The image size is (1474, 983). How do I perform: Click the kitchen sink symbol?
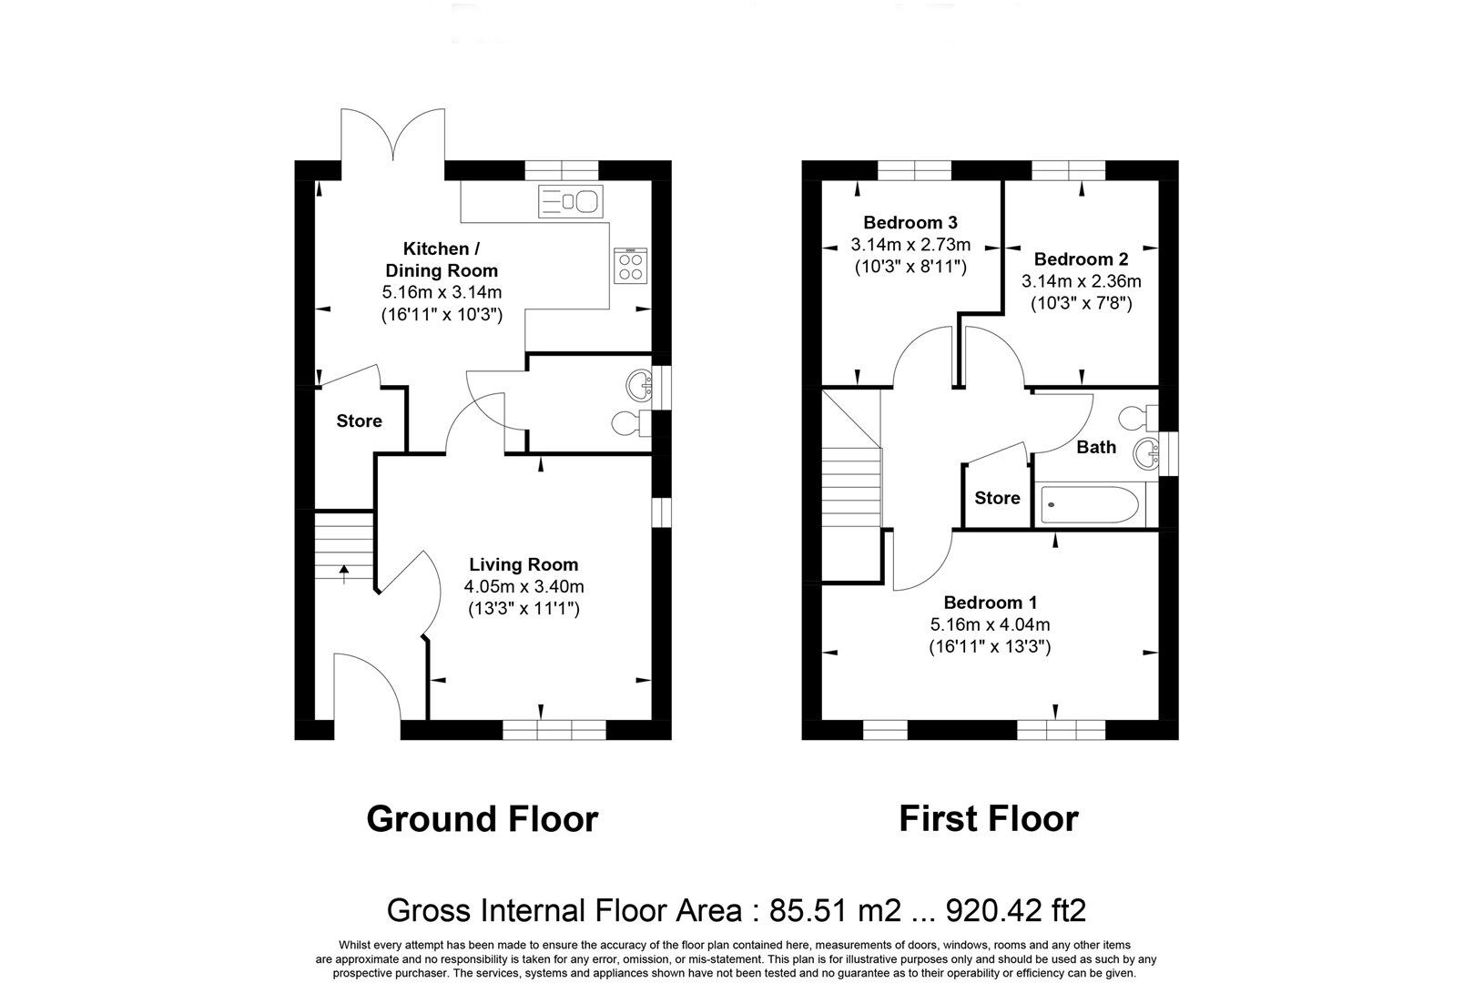pyautogui.click(x=570, y=199)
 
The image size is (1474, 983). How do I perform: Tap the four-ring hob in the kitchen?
pyautogui.click(x=630, y=266)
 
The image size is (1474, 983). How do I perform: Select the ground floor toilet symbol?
pyautogui.click(x=628, y=422)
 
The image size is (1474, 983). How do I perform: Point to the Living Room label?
pyautogui.click(x=524, y=565)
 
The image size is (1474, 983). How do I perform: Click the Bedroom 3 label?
pyautogui.click(x=910, y=222)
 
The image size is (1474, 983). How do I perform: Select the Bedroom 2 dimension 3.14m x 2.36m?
pyautogui.click(x=1081, y=281)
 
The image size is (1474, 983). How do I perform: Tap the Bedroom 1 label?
pyautogui.click(x=990, y=603)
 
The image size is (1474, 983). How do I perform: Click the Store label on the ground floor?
pyautogui.click(x=359, y=421)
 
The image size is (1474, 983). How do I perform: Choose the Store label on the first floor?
pyautogui.click(x=997, y=498)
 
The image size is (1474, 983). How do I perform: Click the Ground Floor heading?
pyautogui.click(x=482, y=819)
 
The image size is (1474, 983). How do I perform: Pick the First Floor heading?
pyautogui.click(x=989, y=819)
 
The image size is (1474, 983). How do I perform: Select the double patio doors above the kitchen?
pyautogui.click(x=392, y=137)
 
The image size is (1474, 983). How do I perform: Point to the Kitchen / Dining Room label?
pyautogui.click(x=442, y=259)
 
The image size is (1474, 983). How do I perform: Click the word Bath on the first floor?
pyautogui.click(x=1096, y=447)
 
